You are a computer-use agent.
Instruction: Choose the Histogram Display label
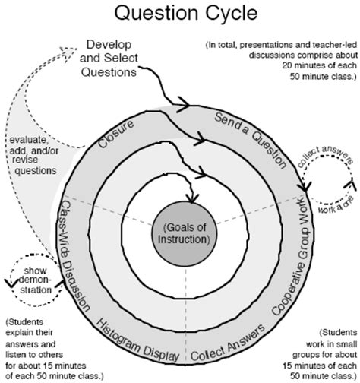136,337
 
